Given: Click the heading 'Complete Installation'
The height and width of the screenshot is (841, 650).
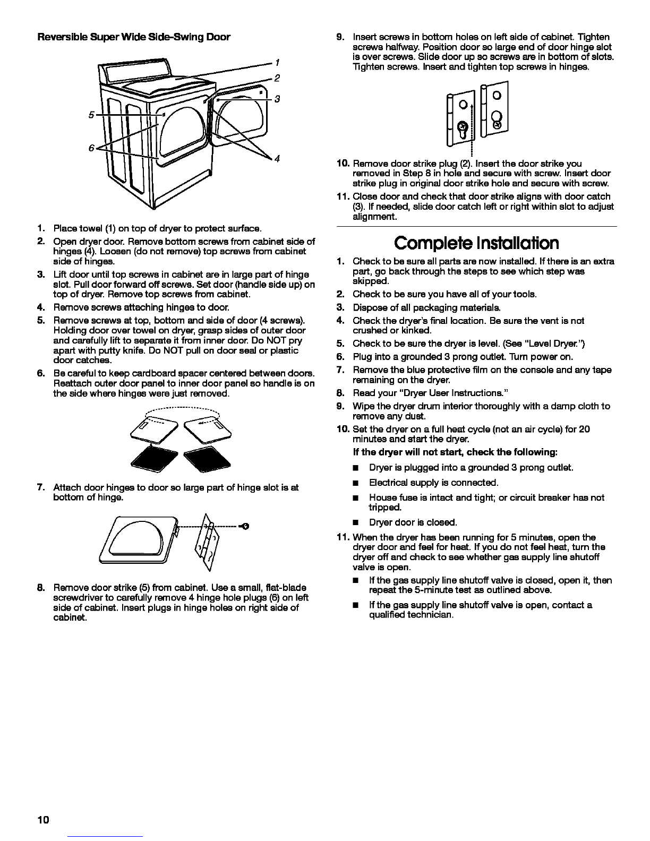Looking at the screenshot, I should click(x=476, y=243).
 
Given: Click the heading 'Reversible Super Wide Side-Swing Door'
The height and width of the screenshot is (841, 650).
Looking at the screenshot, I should click(x=134, y=37).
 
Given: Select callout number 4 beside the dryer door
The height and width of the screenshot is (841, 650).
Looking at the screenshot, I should click(x=277, y=159).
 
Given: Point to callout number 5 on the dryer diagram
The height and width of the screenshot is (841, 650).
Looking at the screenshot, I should click(x=91, y=114).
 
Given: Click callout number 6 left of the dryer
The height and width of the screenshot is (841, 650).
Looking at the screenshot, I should click(x=91, y=148).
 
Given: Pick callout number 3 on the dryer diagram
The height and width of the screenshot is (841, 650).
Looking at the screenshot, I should click(x=277, y=99).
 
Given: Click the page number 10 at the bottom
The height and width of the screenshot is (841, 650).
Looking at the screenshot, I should click(x=43, y=820).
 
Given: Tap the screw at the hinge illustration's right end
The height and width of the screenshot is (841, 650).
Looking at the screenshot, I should click(x=245, y=526).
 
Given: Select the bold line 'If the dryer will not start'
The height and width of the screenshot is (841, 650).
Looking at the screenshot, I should click(x=455, y=452).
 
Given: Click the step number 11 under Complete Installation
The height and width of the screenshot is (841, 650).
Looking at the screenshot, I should click(x=343, y=537).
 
